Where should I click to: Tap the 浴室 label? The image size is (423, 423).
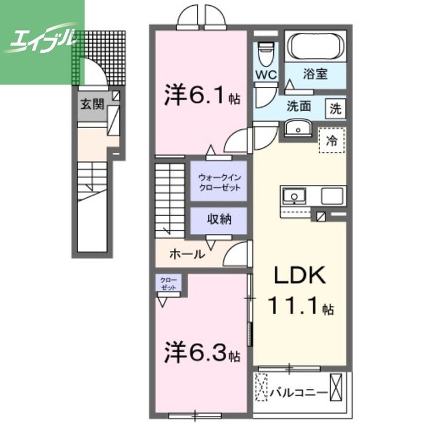click(x=315, y=75)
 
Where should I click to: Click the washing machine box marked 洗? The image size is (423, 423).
click(x=335, y=108)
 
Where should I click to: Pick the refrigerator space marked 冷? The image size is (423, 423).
click(x=332, y=141)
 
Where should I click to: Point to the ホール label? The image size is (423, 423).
click(x=187, y=254)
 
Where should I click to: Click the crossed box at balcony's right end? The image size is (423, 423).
click(x=337, y=389)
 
